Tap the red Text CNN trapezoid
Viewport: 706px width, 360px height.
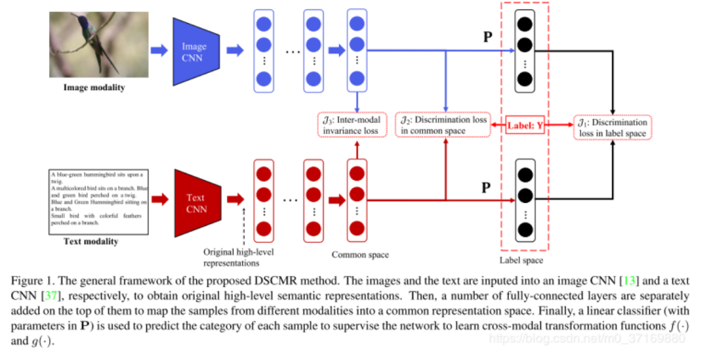click(x=195, y=202)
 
